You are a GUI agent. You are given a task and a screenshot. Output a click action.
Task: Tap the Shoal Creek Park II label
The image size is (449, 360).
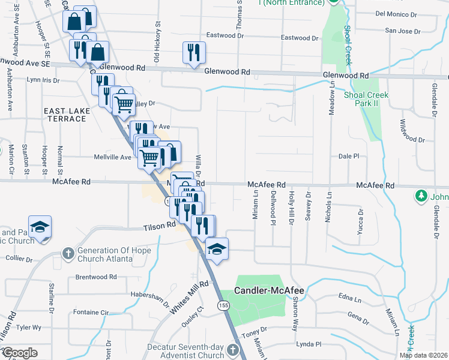coord(366,99)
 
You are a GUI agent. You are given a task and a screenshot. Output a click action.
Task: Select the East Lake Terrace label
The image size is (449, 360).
coord(65,115)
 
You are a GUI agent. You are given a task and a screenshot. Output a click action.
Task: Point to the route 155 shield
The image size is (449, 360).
coord(224,305)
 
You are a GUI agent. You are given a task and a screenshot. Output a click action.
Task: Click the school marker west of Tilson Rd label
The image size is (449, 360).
coord(40,227)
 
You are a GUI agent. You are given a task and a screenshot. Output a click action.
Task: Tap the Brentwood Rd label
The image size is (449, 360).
coord(96,277)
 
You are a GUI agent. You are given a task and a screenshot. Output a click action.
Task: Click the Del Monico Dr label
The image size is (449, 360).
coord(395,13)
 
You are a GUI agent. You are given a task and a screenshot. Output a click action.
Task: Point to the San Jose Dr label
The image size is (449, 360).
coord(399,30)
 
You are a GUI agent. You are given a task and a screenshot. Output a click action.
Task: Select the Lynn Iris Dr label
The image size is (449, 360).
coord(44,80)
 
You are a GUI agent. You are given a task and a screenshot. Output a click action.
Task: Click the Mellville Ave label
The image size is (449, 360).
coord(112,158)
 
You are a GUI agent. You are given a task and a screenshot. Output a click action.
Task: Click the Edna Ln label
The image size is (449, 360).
coord(349,297)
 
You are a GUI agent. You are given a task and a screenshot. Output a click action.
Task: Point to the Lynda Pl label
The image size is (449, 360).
coord(309,344)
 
